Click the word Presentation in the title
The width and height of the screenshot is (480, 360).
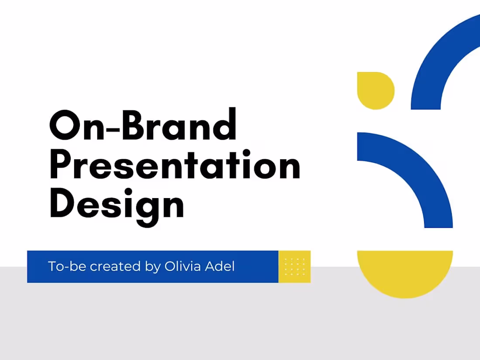(x=175, y=166)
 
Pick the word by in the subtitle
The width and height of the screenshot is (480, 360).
(x=153, y=267)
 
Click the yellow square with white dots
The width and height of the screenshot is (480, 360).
(x=295, y=267)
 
